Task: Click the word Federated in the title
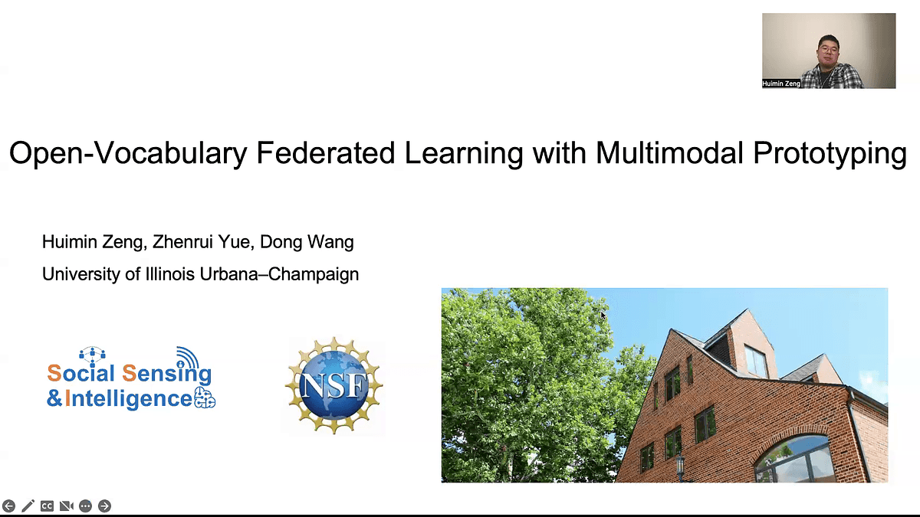pos(325,152)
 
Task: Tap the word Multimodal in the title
pos(669,152)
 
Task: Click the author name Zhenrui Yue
pos(201,242)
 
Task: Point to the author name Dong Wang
pos(307,242)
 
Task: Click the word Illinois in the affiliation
pos(170,274)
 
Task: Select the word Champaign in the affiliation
pos(314,275)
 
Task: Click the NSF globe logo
pos(334,385)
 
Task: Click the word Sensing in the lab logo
pos(167,374)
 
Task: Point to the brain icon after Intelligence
pos(204,398)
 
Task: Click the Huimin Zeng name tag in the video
pos(781,83)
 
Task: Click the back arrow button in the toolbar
pos(8,506)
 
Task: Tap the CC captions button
pos(47,506)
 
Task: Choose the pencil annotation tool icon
pos(28,506)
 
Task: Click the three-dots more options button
pos(85,506)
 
